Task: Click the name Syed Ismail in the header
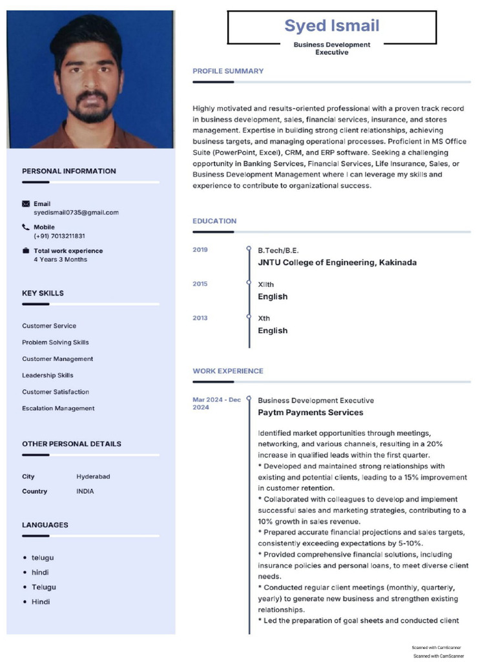tap(332, 26)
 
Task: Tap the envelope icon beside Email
tap(26, 204)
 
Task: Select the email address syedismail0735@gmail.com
tap(76, 213)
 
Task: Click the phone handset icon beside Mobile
tap(26, 227)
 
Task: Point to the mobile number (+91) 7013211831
tap(59, 236)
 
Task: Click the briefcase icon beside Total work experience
tap(26, 251)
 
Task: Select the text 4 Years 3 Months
tap(60, 260)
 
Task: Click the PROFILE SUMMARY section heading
tap(228, 71)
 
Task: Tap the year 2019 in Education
tap(200, 250)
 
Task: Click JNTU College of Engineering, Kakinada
tap(337, 262)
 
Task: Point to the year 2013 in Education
tap(200, 318)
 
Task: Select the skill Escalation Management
tap(58, 409)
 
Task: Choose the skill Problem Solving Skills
tap(56, 343)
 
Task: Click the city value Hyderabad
tap(93, 476)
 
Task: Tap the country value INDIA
tap(85, 491)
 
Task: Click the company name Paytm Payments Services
tap(311, 412)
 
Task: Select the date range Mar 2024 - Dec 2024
tap(216, 403)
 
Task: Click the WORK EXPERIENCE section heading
tap(228, 371)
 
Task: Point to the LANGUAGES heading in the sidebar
tap(45, 525)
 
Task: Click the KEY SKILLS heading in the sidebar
tap(43, 294)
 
